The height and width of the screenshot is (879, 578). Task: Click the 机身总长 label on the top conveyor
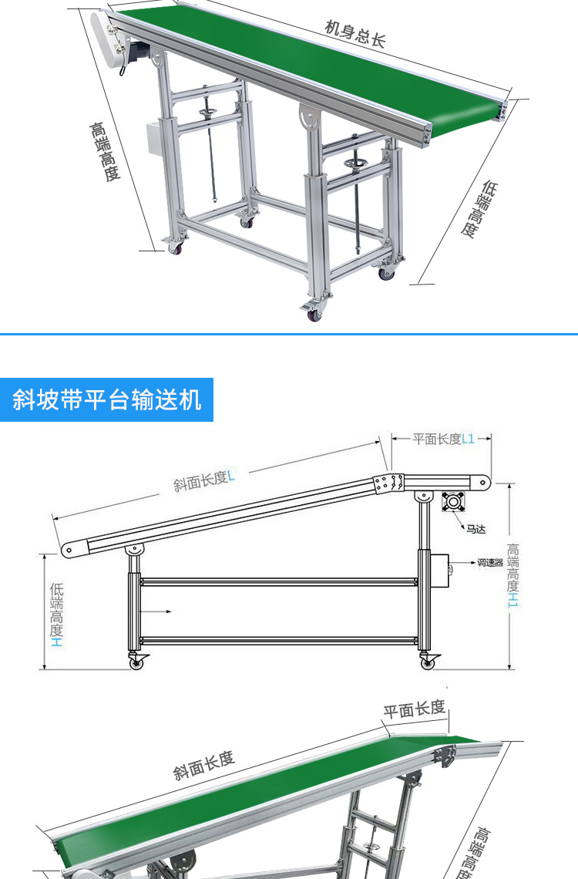355,35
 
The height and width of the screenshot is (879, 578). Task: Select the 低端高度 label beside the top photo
479,209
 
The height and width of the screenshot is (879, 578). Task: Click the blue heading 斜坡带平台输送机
107,400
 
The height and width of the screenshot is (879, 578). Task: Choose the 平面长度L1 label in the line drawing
442,439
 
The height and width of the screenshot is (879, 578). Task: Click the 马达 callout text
476,530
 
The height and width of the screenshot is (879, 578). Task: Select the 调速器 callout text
489,563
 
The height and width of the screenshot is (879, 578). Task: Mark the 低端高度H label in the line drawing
56,614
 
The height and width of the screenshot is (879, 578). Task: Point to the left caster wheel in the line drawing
139,662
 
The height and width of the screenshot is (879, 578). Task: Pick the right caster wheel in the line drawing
427,662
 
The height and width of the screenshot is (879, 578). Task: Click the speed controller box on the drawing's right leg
441,571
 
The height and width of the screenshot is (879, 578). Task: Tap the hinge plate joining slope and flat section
391,483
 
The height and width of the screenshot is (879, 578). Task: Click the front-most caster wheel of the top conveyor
314,312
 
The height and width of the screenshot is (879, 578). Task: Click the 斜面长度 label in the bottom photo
203,765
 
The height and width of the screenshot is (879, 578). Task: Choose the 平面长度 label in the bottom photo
415,709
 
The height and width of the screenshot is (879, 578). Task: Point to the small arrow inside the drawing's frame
163,612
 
